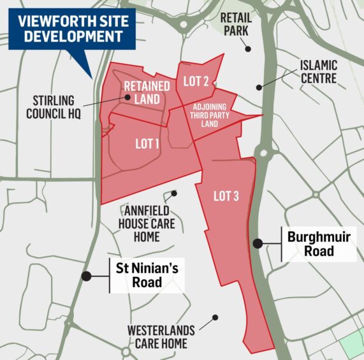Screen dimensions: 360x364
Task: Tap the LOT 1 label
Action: tap(147, 144)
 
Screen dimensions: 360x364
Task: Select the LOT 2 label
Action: tap(196, 81)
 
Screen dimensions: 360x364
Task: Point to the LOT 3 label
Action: tap(226, 197)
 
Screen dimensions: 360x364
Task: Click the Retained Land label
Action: tap(147, 92)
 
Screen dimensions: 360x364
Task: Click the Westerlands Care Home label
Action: tap(157, 337)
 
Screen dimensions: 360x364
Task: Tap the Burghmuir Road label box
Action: tap(319, 244)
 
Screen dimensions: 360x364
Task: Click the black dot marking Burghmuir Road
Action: tap(258, 243)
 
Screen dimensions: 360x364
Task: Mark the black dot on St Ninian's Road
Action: tap(85, 276)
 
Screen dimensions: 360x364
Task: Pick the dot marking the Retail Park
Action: tap(249, 49)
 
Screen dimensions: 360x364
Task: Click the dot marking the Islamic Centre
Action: tap(259, 87)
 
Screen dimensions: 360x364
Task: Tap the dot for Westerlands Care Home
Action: tap(215, 317)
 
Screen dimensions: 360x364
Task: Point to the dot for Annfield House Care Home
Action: tap(174, 193)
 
